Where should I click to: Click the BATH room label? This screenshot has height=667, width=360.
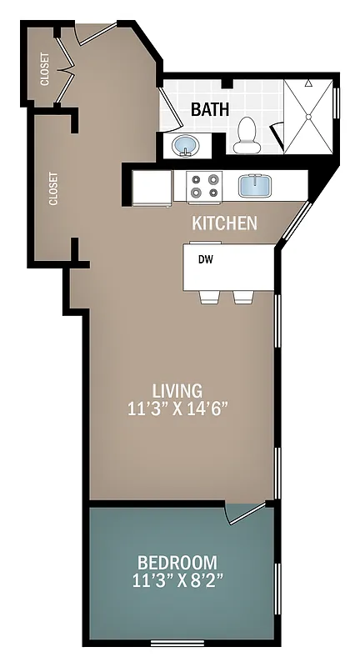point(210,109)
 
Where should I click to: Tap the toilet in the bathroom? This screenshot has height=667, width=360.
point(247,135)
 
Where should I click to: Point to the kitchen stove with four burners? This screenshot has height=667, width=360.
point(203,185)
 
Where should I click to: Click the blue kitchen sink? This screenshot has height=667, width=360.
point(255,185)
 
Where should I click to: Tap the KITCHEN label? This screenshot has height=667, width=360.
point(224,223)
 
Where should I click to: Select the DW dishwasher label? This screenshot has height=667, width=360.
point(205,258)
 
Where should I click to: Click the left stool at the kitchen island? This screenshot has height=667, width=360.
point(209,297)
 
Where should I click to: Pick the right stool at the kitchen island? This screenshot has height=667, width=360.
point(243,297)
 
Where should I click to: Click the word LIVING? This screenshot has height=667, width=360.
point(177,389)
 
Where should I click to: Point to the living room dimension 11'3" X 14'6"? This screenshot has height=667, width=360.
point(177,409)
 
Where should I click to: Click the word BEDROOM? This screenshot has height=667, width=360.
point(177,562)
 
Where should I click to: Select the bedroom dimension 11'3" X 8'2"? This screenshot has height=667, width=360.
point(177,579)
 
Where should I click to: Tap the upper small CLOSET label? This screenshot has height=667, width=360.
point(43,69)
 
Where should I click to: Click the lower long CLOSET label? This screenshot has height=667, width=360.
point(53,188)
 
